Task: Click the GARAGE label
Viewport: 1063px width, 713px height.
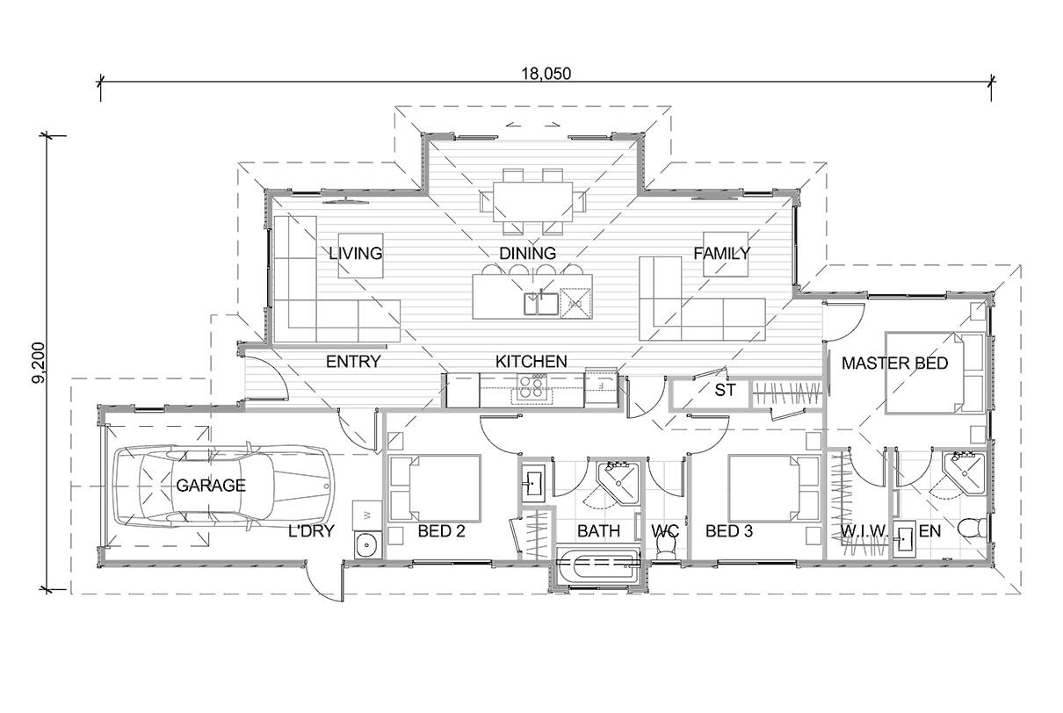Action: [211, 486]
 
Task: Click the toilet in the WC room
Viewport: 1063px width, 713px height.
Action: [667, 547]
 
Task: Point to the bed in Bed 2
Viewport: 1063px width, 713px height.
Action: [435, 487]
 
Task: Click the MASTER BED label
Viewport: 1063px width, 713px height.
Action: [894, 363]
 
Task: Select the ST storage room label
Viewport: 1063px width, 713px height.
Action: [724, 390]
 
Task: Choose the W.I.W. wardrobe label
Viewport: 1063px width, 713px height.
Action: [864, 532]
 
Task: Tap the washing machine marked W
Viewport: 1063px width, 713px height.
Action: [365, 513]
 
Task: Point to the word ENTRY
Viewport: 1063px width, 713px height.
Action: [353, 362]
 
